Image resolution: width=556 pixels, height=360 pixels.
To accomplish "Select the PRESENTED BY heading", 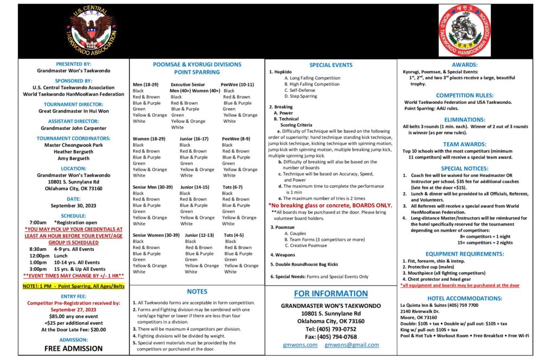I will tap(73, 64).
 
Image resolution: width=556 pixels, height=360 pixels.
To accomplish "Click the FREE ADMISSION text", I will tap(73, 348).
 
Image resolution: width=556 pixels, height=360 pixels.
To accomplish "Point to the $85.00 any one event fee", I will tap(73, 315).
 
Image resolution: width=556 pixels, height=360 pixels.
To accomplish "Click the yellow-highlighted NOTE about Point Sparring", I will tap(73, 286).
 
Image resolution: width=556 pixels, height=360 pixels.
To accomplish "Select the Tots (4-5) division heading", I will tap(234, 235).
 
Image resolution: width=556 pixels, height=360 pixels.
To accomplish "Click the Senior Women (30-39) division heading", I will tap(156, 235).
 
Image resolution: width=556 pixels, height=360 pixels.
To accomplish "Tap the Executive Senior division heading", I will tap(187, 85).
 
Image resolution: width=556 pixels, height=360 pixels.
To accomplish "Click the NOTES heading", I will tap(197, 292).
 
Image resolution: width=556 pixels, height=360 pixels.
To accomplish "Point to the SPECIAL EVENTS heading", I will tap(331, 65).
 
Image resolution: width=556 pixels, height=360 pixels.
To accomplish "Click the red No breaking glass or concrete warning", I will tap(330, 205).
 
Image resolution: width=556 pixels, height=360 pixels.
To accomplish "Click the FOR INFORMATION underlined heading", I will tap(331, 294).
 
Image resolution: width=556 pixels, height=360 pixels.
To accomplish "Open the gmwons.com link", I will tap(296, 345).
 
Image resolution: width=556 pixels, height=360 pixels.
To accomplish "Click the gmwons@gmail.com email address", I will tap(356, 345).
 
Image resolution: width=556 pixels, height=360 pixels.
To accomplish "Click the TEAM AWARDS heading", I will tap(464, 144).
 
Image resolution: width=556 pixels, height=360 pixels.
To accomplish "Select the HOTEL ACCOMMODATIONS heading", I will tap(464, 298).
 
